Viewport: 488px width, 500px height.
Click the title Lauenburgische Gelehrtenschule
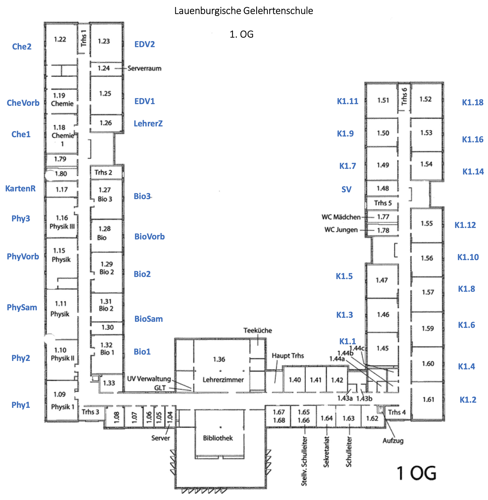[x=244, y=11]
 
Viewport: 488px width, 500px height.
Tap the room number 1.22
[x=60, y=39]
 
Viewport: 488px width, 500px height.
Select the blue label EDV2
[x=144, y=44]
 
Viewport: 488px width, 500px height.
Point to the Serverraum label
[x=144, y=68]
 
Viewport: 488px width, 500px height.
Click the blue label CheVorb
[x=23, y=103]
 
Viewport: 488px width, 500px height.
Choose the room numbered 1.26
[x=106, y=123]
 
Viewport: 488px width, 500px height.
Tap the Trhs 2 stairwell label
[x=103, y=172]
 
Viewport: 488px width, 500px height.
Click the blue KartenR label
[x=21, y=188]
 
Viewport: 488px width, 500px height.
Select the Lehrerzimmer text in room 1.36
[x=223, y=380]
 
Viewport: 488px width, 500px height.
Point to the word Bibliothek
[x=218, y=438]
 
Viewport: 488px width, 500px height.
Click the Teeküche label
[x=258, y=330]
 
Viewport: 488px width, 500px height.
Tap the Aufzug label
[x=393, y=441]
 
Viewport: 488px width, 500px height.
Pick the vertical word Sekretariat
[x=326, y=452]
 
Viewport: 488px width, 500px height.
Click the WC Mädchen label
[x=341, y=217]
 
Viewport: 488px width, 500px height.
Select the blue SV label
[x=346, y=189]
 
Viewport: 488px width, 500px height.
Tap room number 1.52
[x=425, y=99]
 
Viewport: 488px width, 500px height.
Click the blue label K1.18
[x=473, y=102]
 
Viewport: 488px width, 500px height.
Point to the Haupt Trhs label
[x=288, y=356]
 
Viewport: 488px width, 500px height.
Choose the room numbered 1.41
[x=315, y=380]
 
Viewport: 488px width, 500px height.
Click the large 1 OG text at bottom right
[x=417, y=473]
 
